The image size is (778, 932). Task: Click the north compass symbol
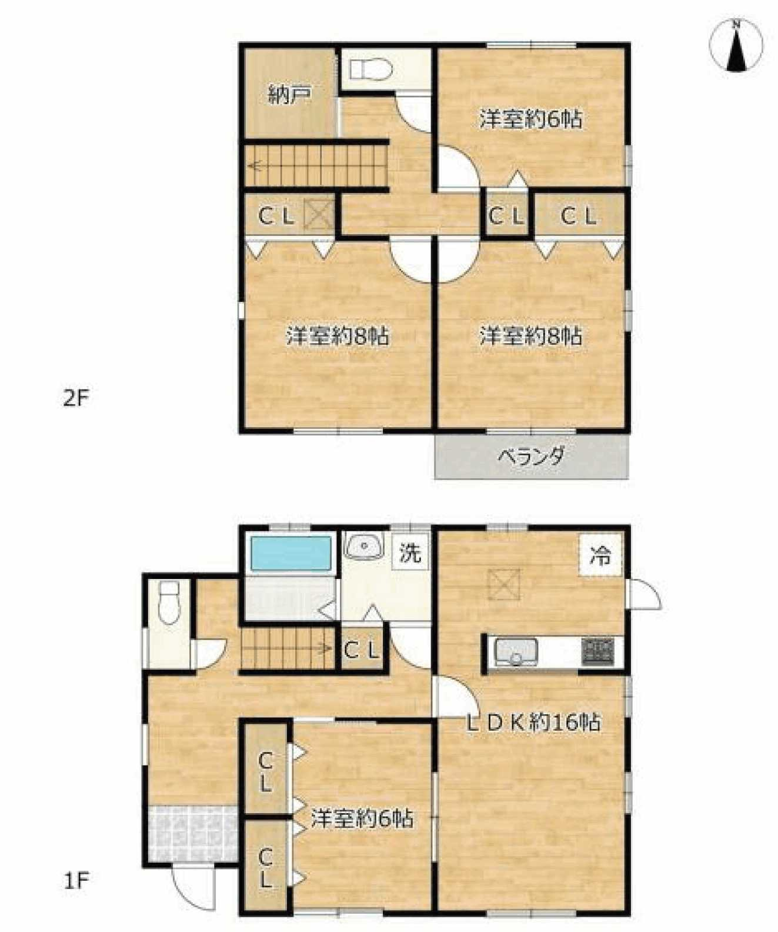[736, 45]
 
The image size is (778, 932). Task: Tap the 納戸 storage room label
[289, 95]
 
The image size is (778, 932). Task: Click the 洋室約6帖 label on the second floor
[530, 119]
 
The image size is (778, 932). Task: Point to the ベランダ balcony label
[532, 456]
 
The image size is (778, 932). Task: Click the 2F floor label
[75, 398]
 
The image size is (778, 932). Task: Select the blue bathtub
[291, 553]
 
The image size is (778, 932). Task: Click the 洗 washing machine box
[410, 552]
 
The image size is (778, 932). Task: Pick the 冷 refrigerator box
[600, 555]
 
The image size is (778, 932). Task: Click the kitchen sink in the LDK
[516, 653]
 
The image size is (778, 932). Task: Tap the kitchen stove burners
[597, 652]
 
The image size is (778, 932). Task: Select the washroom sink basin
[363, 547]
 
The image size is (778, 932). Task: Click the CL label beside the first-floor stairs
[361, 651]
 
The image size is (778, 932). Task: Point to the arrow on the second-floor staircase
[256, 167]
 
